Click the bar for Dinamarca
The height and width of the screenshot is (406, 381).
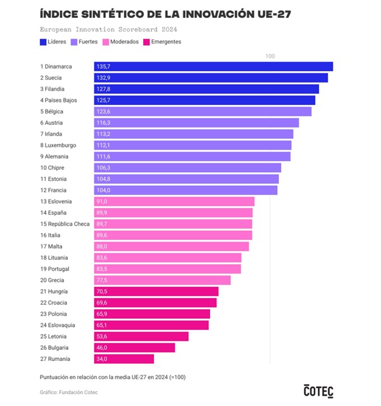[213, 66]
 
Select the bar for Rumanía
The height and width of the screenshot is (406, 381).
[124, 359]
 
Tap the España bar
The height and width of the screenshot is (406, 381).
[173, 213]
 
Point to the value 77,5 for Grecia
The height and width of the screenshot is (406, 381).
[102, 280]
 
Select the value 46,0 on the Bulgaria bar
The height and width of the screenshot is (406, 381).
[102, 348]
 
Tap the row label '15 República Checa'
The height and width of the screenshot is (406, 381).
[65, 224]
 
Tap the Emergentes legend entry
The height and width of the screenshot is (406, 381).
[163, 42]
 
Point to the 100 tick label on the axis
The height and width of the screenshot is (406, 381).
[270, 56]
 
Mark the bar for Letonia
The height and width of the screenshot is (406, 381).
[141, 336]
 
